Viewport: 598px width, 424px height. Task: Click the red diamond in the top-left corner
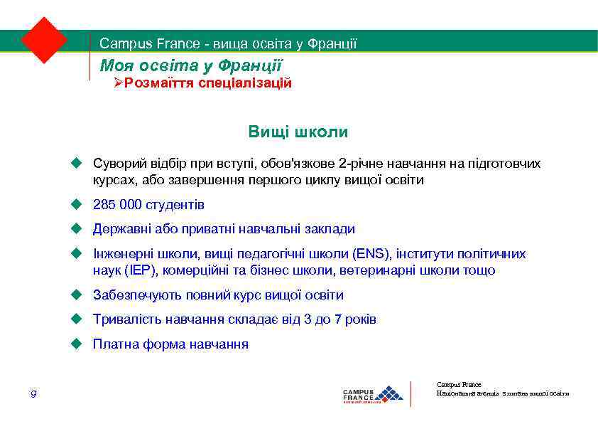[x=44, y=39]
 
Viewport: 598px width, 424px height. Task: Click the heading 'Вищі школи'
[x=298, y=132]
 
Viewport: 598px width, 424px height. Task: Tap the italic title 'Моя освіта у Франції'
[x=191, y=66]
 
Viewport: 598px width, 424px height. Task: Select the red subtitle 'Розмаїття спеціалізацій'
[x=208, y=83]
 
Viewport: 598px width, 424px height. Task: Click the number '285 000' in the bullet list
[x=117, y=205]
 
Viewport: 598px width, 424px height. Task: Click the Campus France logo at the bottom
[x=372, y=393]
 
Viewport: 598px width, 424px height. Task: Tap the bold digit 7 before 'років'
[x=338, y=319]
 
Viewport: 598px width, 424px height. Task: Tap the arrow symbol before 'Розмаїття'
[x=119, y=84]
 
